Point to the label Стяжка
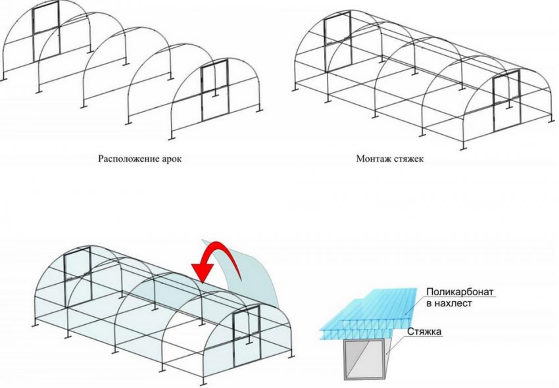[425, 332]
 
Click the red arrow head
[203, 272]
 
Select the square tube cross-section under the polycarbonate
[364, 359]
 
